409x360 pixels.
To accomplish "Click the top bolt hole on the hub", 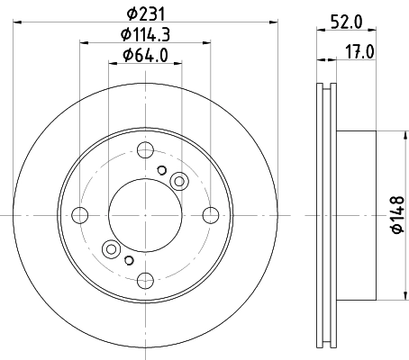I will (x=144, y=151).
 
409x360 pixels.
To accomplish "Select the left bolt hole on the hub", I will (x=81, y=215).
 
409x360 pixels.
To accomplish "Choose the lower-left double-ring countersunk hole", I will (x=112, y=248).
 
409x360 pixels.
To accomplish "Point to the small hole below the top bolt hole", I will (x=161, y=170).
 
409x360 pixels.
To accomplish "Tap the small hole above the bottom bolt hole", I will (x=128, y=260).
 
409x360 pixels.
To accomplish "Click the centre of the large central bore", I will (x=144, y=214).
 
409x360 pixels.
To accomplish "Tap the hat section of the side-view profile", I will (x=356, y=214).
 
